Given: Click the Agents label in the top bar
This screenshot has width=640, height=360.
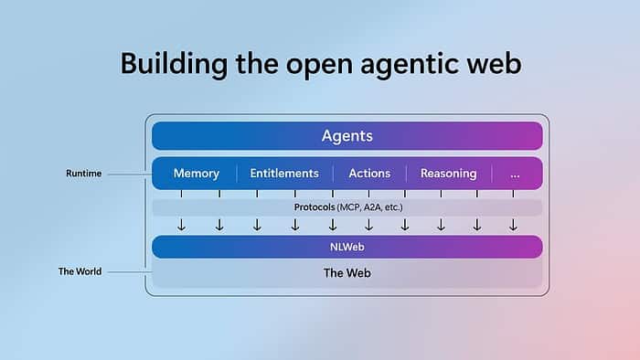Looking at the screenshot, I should [x=347, y=136].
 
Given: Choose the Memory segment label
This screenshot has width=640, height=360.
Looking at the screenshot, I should [x=196, y=174].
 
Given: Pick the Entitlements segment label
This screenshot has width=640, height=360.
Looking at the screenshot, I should [x=284, y=174].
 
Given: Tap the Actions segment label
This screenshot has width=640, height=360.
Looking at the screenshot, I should [x=369, y=174].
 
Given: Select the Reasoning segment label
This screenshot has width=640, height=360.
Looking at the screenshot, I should [x=448, y=174].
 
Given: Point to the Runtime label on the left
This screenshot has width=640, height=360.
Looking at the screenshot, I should [x=82, y=173].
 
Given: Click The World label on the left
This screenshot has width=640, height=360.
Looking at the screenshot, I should [x=80, y=271].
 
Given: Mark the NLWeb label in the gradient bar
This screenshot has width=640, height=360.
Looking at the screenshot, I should [x=347, y=247].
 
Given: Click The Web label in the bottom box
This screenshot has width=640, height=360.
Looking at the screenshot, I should [x=347, y=272].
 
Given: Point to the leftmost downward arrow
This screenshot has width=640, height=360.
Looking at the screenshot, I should [x=181, y=226].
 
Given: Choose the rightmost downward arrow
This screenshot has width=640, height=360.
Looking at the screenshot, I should [x=513, y=226].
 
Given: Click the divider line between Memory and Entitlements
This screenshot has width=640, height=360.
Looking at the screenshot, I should [x=237, y=174].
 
